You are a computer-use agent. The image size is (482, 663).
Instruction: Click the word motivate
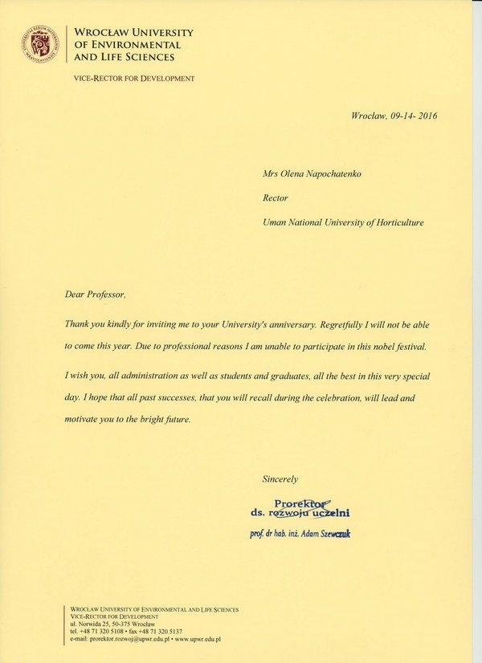tap(83, 420)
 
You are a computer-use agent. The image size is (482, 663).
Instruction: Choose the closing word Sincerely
tap(280, 478)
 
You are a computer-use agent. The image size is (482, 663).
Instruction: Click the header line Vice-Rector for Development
tap(133, 78)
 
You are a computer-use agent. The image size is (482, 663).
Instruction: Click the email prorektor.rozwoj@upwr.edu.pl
tap(125, 639)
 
